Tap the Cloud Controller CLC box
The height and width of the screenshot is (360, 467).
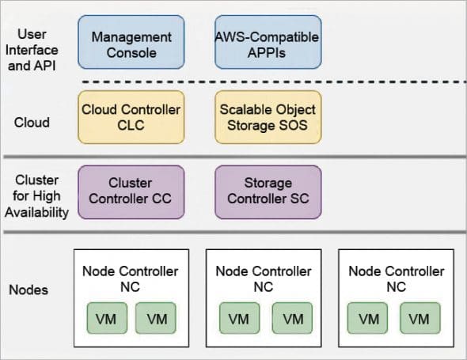131,116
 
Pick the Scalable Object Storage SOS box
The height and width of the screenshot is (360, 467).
267,116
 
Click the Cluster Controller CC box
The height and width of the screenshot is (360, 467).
131,191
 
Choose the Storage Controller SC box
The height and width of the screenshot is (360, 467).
267,191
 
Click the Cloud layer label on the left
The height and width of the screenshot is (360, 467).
32,123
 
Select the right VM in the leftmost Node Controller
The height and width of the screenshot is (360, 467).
156,320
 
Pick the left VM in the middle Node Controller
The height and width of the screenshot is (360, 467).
237,320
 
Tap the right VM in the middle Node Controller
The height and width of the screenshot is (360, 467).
290,320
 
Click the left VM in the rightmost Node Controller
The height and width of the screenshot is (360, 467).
368,320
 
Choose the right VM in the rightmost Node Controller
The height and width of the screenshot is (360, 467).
420,320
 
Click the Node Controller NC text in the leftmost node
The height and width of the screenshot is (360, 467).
131,278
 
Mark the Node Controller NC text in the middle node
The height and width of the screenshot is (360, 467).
264,278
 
